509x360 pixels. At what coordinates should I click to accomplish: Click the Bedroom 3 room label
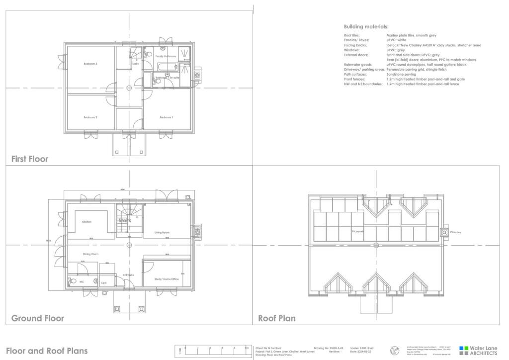coord(90,64)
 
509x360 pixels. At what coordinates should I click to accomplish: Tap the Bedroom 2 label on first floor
coord(90,117)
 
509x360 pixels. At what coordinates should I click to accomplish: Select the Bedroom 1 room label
coord(167,117)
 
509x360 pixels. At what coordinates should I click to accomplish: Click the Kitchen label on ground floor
coord(87,222)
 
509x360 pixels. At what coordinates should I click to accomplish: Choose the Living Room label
coord(162,232)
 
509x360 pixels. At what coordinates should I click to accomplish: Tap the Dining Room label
coord(90,254)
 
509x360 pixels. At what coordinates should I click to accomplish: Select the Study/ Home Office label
coord(167,279)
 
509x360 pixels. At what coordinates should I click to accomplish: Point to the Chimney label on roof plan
coord(456,232)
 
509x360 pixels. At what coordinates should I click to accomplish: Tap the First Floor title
coord(30,159)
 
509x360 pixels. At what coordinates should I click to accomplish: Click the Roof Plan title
coord(277,318)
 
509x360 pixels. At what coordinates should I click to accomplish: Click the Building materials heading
coord(366,26)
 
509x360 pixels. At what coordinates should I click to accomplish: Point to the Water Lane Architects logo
coord(478,351)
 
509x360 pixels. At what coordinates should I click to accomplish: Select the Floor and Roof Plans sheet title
coord(47,351)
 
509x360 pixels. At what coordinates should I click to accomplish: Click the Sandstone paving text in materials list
coord(401,74)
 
